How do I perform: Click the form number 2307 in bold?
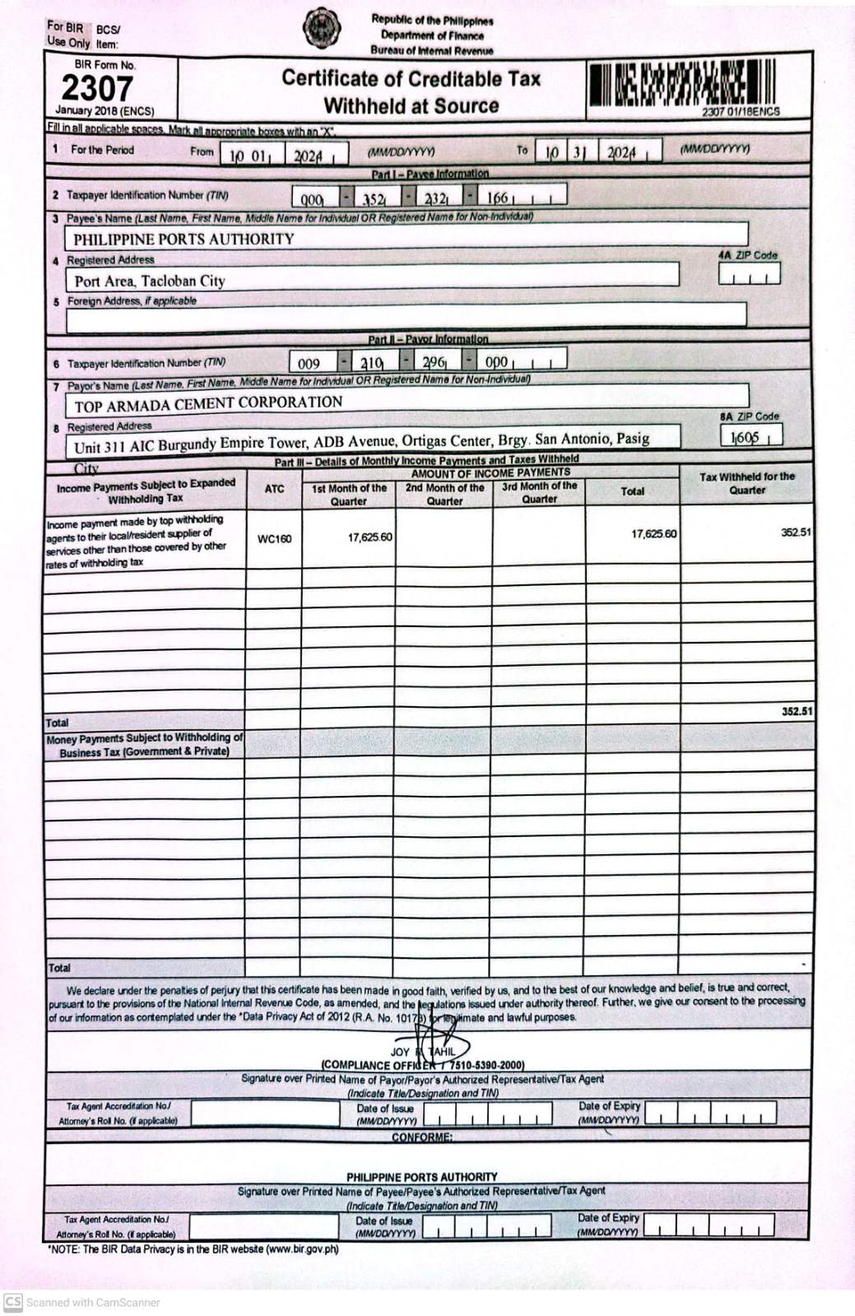pos(97,88)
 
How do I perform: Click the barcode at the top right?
pos(681,85)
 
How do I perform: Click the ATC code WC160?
pos(274,539)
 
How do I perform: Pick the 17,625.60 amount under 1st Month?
pos(369,537)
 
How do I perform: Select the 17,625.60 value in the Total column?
pos(653,534)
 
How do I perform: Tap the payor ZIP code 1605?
pos(746,438)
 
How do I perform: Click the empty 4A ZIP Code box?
pos(749,274)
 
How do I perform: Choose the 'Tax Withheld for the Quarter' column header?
pos(746,483)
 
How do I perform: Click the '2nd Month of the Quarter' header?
pos(444,494)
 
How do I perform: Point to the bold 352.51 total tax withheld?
pos(796,711)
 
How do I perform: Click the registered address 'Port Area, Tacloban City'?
pos(150,281)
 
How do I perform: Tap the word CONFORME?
pos(421,1137)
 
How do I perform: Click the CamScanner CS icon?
pos(12,1302)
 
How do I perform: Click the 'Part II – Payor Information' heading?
pos(428,339)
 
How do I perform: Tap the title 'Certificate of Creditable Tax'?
pos(411,79)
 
